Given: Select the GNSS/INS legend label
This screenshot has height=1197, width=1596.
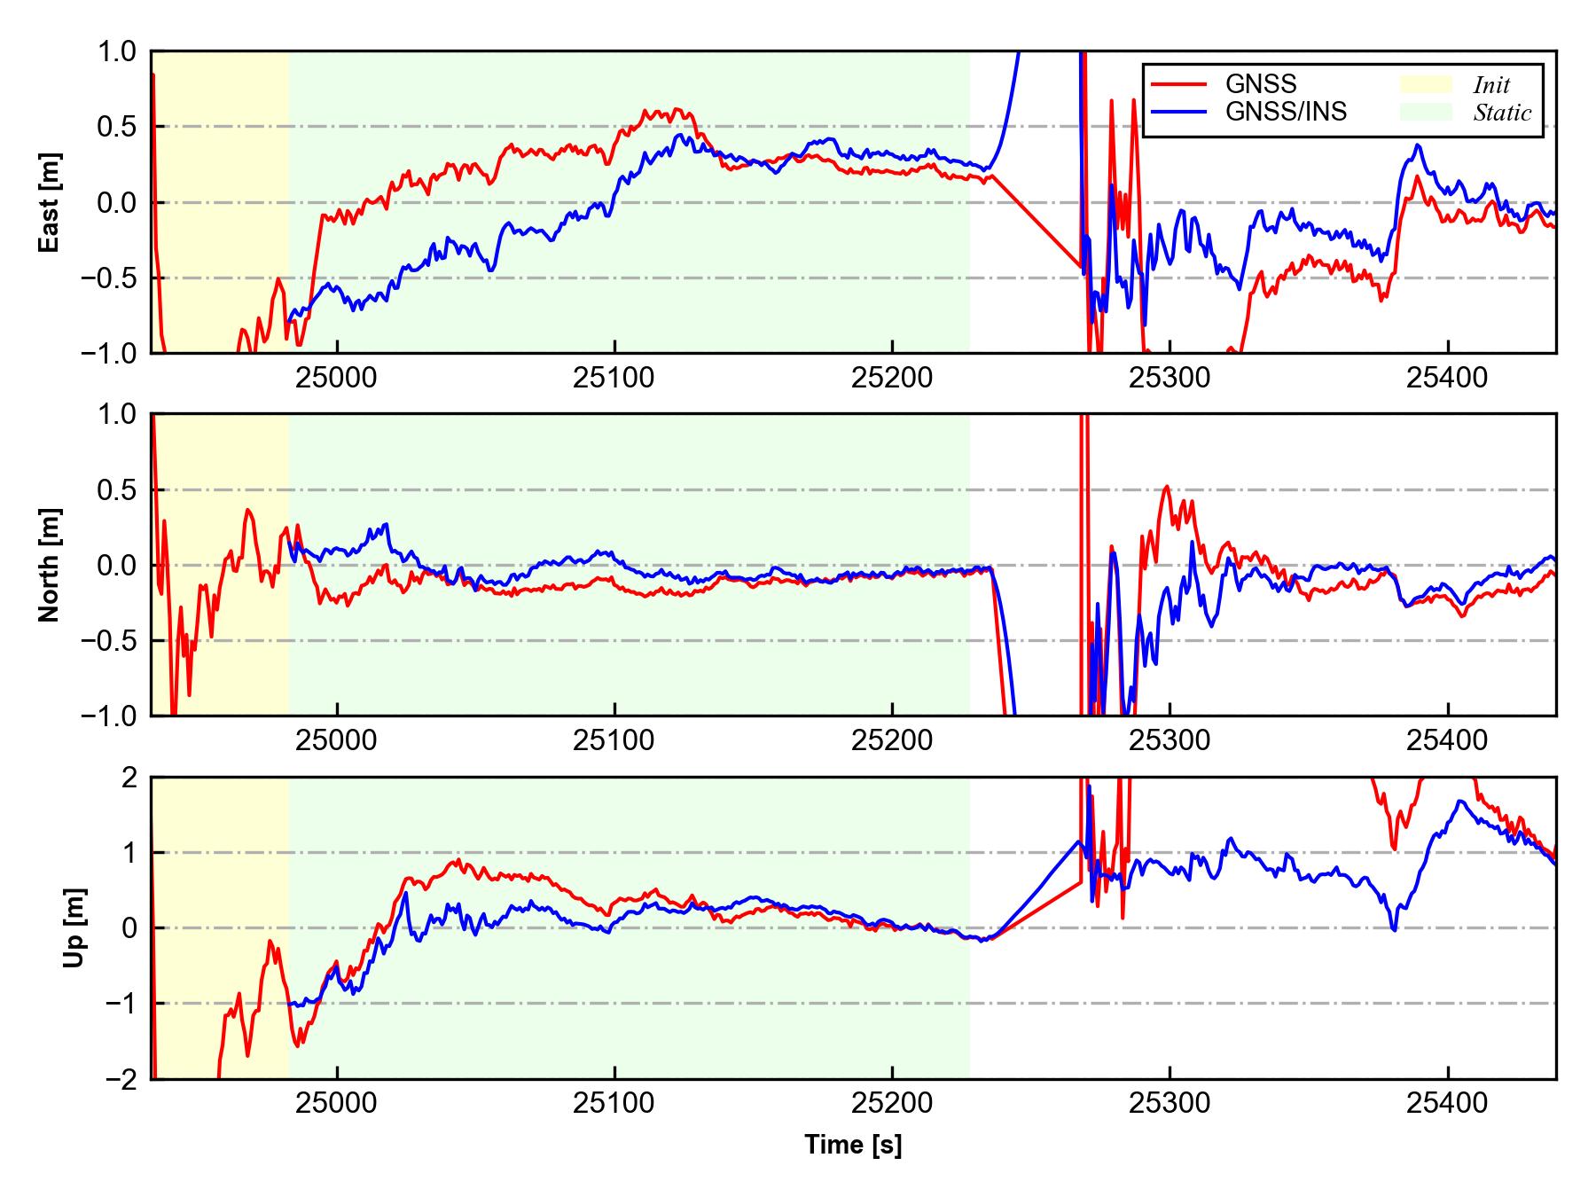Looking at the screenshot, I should click(x=1286, y=112).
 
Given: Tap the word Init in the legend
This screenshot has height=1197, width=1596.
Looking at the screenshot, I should click(x=1491, y=85).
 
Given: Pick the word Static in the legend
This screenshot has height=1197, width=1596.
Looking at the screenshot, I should click(x=1502, y=113).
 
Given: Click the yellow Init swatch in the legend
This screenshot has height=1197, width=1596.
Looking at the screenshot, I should click(x=1426, y=84).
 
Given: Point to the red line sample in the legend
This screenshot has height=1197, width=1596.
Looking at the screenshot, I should click(x=1179, y=84).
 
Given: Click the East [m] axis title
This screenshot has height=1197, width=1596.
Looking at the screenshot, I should click(x=50, y=202).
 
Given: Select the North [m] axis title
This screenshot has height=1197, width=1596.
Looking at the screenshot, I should click(x=50, y=565).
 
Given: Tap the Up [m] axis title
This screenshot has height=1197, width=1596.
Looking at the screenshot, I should click(x=74, y=927).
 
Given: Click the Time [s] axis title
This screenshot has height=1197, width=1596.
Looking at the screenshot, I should click(x=853, y=1145).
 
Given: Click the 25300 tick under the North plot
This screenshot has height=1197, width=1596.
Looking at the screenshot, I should click(x=1170, y=740).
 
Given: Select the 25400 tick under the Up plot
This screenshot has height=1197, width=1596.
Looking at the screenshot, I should click(x=1447, y=1104).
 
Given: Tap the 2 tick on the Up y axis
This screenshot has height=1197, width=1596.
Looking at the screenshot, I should click(x=129, y=778).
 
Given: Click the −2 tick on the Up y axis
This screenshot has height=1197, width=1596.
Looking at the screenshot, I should click(x=121, y=1079).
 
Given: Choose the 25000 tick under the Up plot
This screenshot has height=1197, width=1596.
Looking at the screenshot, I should click(x=336, y=1104).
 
